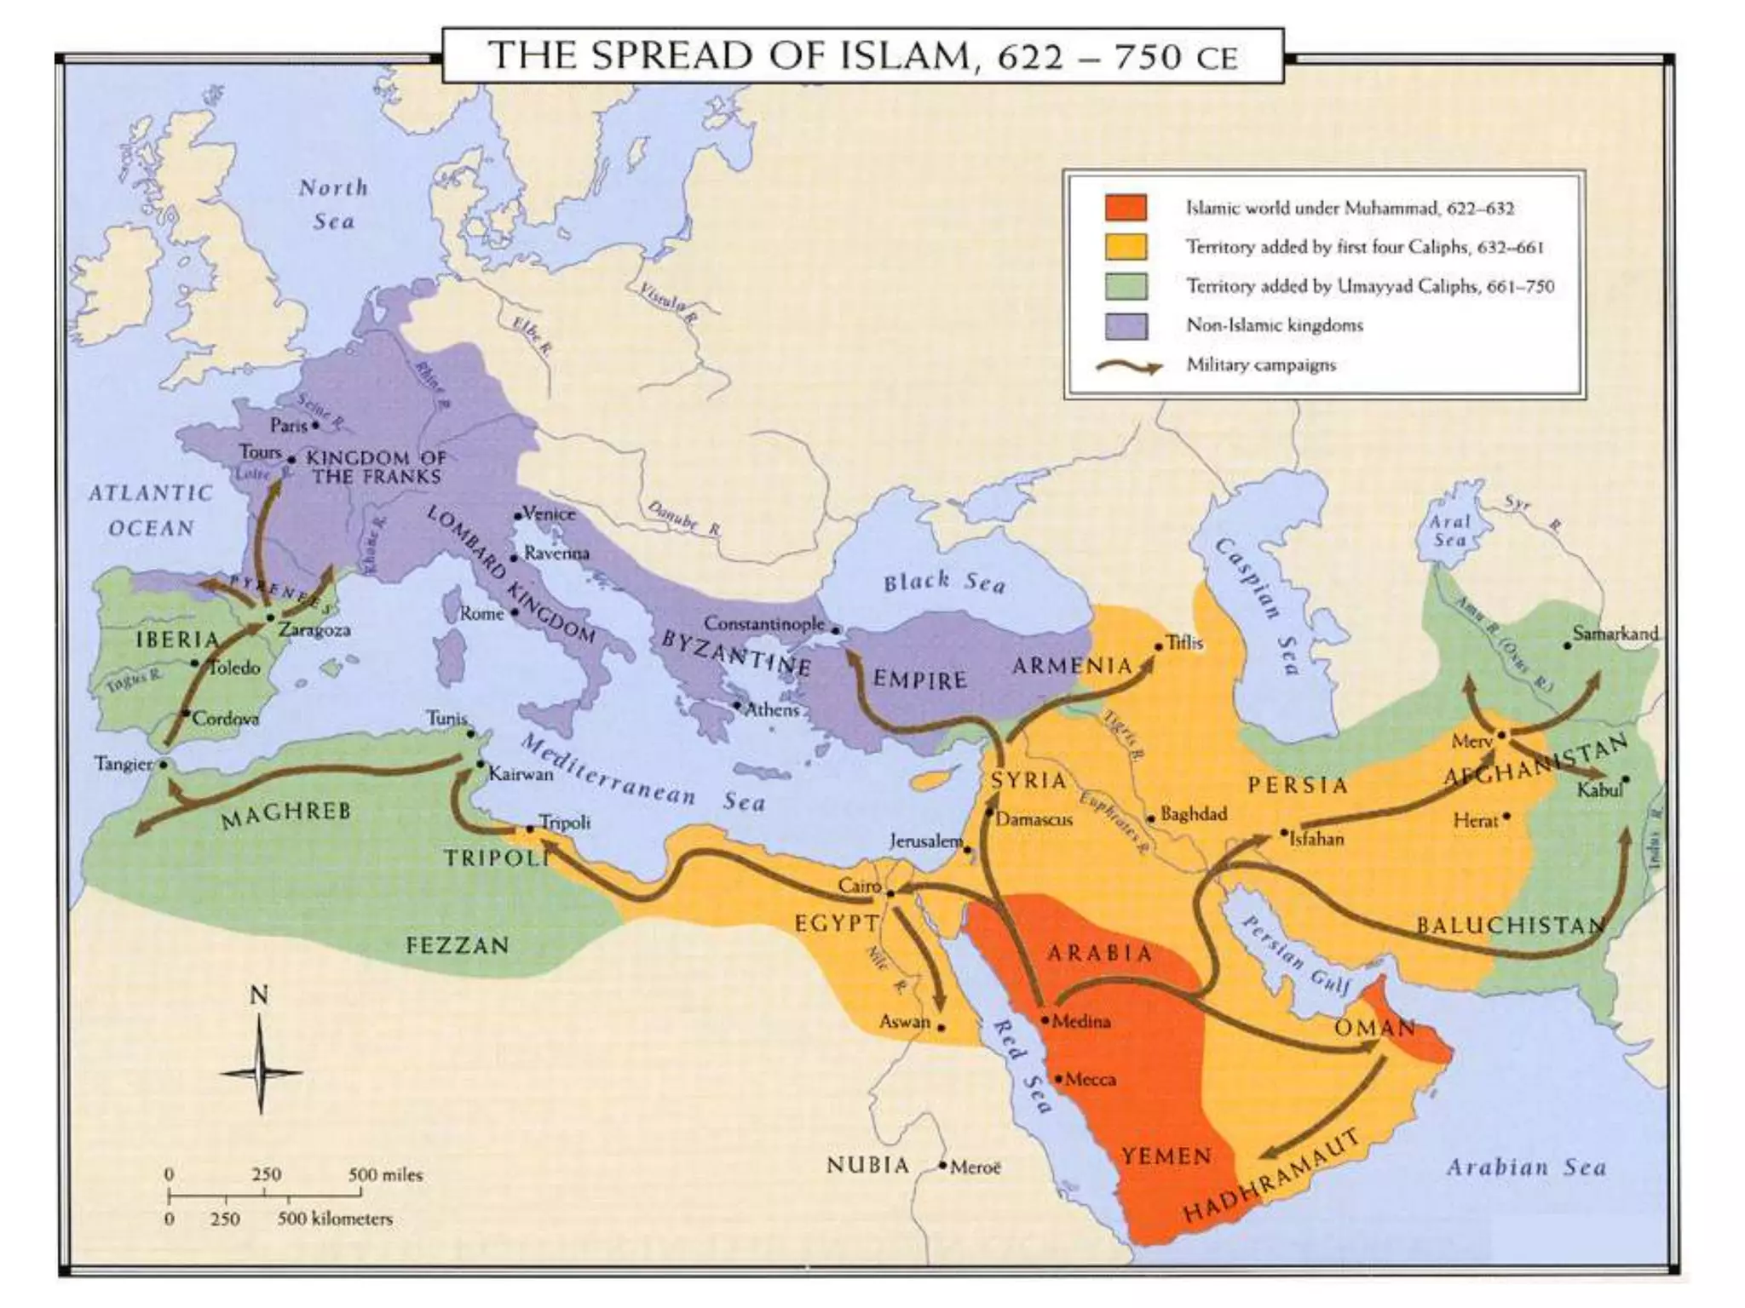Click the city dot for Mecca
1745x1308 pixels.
(1058, 1078)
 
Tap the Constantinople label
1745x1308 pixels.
(763, 623)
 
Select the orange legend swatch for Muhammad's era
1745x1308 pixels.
(1126, 208)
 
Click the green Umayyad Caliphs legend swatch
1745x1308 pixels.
(1126, 286)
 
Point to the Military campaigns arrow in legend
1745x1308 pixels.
(1128, 366)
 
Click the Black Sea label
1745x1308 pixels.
(944, 582)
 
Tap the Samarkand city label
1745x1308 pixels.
(1615, 634)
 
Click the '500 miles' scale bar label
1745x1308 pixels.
(384, 1175)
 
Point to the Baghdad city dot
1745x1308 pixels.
(1150, 818)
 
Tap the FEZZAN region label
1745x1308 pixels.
(458, 945)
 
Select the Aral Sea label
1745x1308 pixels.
(1449, 531)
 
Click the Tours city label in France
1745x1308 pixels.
(260, 452)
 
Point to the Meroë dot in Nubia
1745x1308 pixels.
(942, 1165)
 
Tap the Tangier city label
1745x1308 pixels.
(124, 764)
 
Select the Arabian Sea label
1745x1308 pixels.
(1525, 1167)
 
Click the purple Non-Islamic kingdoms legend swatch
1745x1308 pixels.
(1126, 325)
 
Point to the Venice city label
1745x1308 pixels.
(550, 513)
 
